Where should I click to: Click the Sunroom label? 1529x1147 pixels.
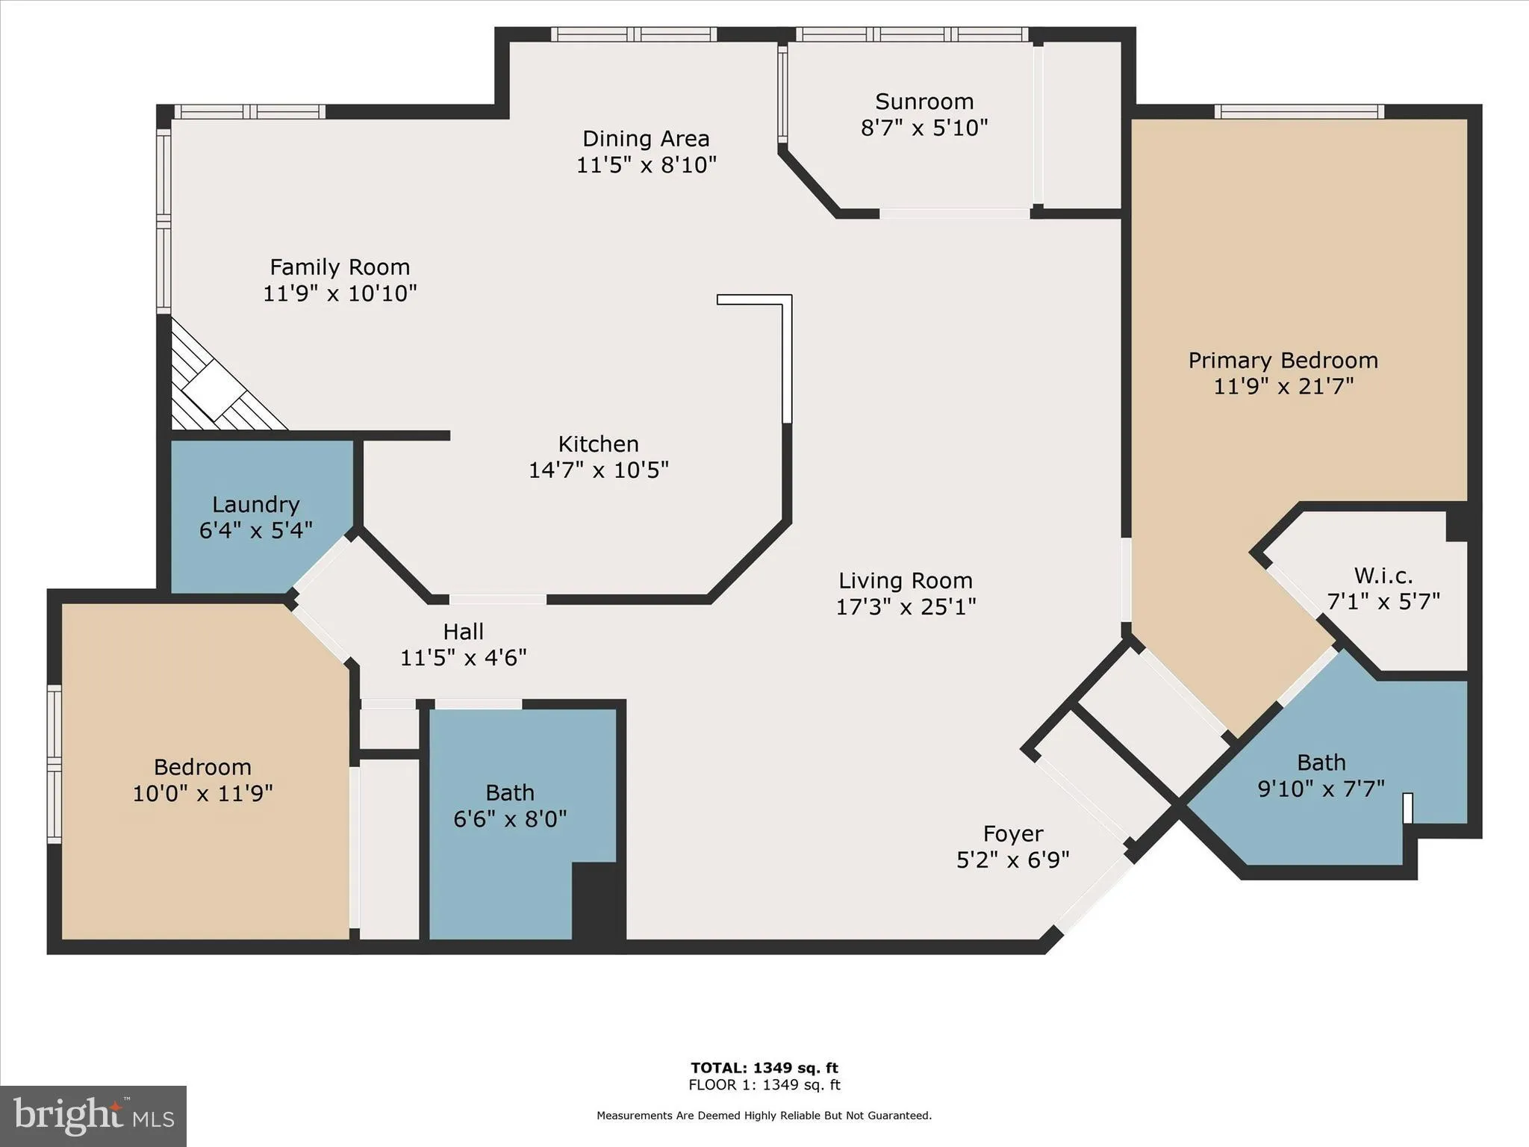pyautogui.click(x=924, y=102)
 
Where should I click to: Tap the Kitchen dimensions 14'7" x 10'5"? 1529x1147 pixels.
pyautogui.click(x=598, y=470)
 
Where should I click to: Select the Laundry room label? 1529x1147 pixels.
pyautogui.click(x=255, y=505)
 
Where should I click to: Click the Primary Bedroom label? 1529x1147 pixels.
pyautogui.click(x=1283, y=361)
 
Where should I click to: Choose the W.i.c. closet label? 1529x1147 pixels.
pyautogui.click(x=1383, y=576)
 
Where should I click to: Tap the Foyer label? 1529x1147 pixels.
pyautogui.click(x=1012, y=833)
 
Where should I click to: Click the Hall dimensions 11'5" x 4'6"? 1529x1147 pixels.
pyautogui.click(x=463, y=658)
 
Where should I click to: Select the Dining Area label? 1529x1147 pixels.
pyautogui.click(x=646, y=139)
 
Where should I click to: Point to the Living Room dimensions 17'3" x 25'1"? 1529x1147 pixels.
pyautogui.click(x=905, y=607)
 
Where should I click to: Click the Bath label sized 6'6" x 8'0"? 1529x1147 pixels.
pyautogui.click(x=510, y=793)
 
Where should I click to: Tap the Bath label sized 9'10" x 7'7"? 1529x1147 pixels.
pyautogui.click(x=1321, y=763)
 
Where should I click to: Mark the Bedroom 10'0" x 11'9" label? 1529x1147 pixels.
pyautogui.click(x=202, y=768)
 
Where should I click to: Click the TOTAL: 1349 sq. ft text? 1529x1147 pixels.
pyautogui.click(x=764, y=1068)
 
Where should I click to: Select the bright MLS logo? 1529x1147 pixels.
pyautogui.click(x=93, y=1116)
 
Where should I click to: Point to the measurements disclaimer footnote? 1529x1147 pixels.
pyautogui.click(x=764, y=1116)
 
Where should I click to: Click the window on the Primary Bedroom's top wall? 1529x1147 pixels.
pyautogui.click(x=1299, y=112)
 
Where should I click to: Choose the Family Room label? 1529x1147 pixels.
pyautogui.click(x=340, y=267)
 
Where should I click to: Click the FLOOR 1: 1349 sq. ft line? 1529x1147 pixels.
pyautogui.click(x=764, y=1085)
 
